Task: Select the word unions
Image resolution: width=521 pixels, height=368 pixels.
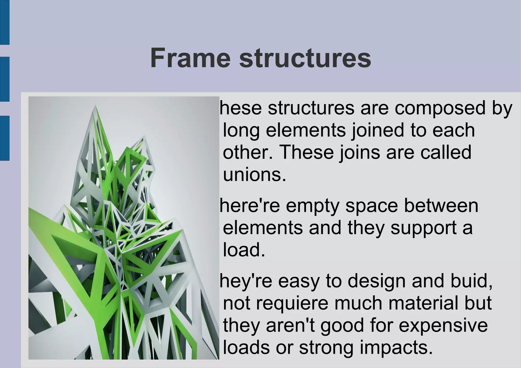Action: [254, 175]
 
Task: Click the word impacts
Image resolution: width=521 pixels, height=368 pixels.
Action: [396, 348]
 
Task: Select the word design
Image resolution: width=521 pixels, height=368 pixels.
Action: [376, 281]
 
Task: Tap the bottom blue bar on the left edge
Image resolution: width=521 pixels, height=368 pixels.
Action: [5, 138]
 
